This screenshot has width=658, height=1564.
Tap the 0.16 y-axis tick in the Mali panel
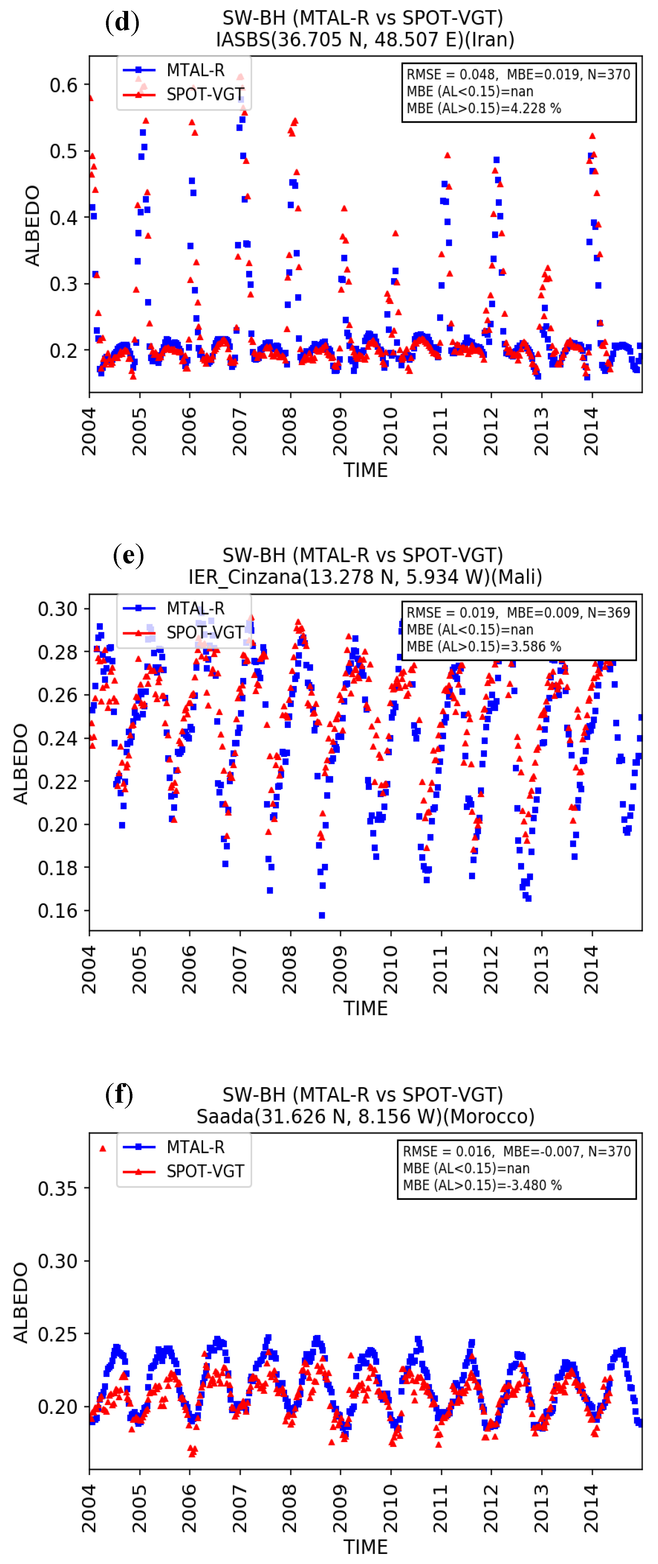(58, 911)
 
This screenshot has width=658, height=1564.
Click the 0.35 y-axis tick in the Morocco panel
(58, 1188)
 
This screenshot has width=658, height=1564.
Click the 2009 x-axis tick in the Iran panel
(340, 431)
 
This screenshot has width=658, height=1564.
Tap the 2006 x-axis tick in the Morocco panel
(189, 1508)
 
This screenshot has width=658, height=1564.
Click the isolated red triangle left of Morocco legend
(103, 1148)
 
